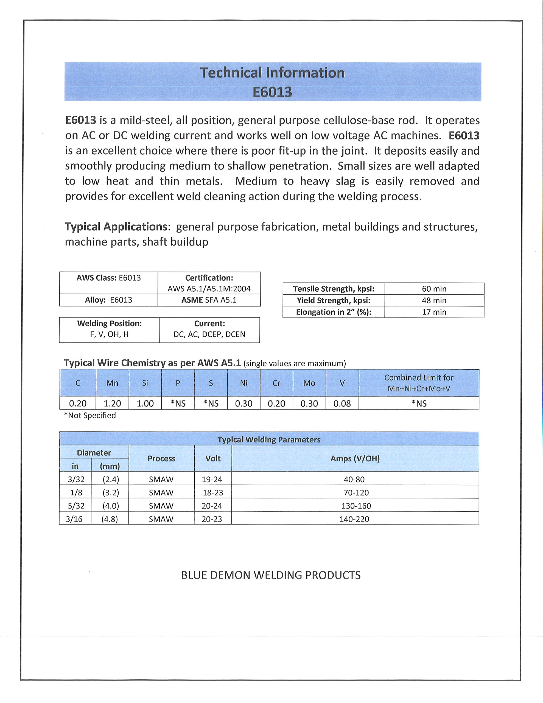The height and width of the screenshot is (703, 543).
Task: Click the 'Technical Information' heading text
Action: [272, 73]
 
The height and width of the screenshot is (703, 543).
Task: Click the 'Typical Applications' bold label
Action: [116, 227]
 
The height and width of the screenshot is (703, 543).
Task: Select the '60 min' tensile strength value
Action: [434, 289]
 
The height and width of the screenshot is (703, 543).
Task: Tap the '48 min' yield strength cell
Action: [434, 300]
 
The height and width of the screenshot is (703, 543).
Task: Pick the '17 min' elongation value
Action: [434, 312]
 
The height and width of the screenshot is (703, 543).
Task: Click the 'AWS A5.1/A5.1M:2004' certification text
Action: [209, 289]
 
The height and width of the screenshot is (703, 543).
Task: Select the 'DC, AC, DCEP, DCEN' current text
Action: [209, 334]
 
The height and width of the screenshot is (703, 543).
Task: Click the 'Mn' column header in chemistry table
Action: [112, 383]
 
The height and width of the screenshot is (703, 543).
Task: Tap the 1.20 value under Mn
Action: [112, 403]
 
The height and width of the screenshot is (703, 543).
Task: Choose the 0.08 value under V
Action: [342, 403]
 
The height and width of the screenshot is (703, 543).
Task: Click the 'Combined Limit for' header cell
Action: [419, 378]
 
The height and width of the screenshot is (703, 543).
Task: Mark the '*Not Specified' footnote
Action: [90, 415]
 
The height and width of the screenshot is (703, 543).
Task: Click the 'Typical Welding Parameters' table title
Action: [269, 440]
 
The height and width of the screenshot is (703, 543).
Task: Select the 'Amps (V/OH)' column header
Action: [355, 458]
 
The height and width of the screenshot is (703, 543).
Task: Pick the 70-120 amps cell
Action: [356, 492]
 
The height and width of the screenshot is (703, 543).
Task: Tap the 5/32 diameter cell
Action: [76, 506]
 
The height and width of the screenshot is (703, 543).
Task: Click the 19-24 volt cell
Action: [212, 479]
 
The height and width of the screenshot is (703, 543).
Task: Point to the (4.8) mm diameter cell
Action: [110, 519]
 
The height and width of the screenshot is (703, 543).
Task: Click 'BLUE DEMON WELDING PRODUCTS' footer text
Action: [271, 575]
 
